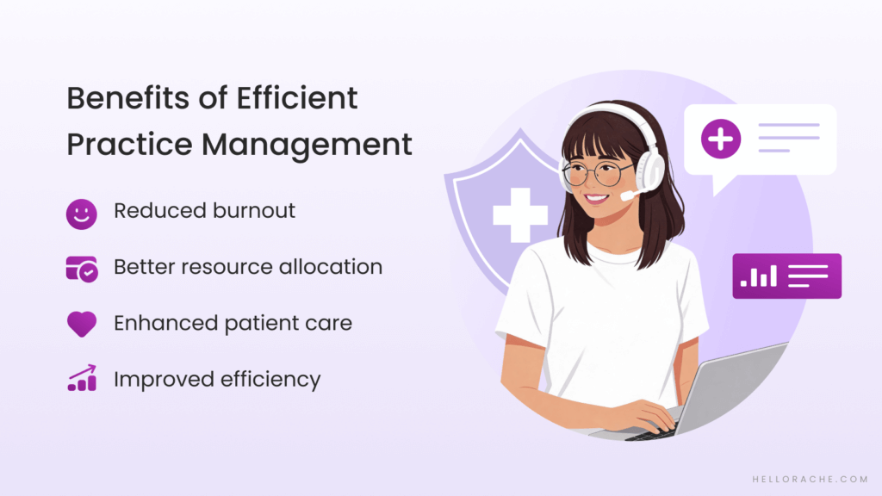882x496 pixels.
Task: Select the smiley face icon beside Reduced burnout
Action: (x=81, y=213)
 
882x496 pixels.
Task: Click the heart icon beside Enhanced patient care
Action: (x=81, y=324)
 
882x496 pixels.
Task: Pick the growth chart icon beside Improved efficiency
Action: (x=81, y=379)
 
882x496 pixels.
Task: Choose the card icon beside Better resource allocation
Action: (x=81, y=268)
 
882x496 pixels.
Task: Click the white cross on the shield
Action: (x=519, y=211)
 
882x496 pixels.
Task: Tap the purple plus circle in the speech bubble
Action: (x=721, y=139)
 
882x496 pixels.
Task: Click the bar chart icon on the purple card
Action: (x=760, y=276)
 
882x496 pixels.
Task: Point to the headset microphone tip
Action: (x=626, y=196)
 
